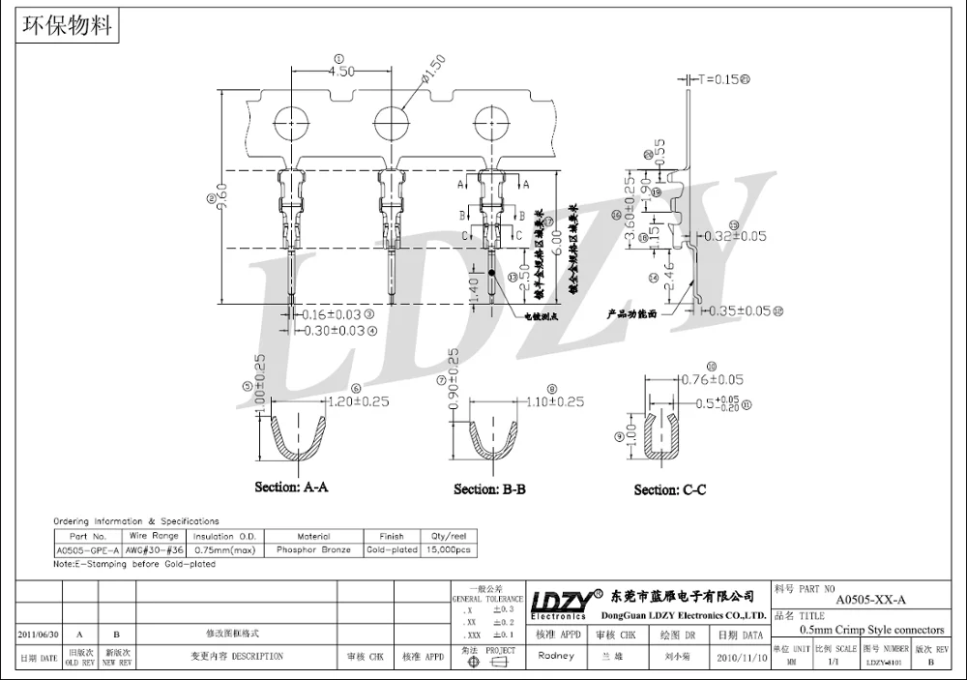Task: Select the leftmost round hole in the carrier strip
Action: point(292,126)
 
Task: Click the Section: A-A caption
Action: point(291,487)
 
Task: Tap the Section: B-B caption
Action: point(489,489)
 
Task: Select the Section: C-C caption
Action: point(669,490)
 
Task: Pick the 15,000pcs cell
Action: point(450,549)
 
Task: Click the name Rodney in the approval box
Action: point(555,655)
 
